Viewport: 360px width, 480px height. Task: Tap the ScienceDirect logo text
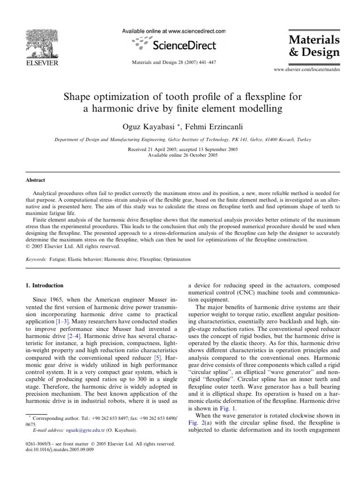point(181,45)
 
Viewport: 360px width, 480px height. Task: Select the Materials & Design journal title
point(314,45)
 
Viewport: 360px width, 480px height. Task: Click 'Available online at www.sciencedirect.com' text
point(174,31)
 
